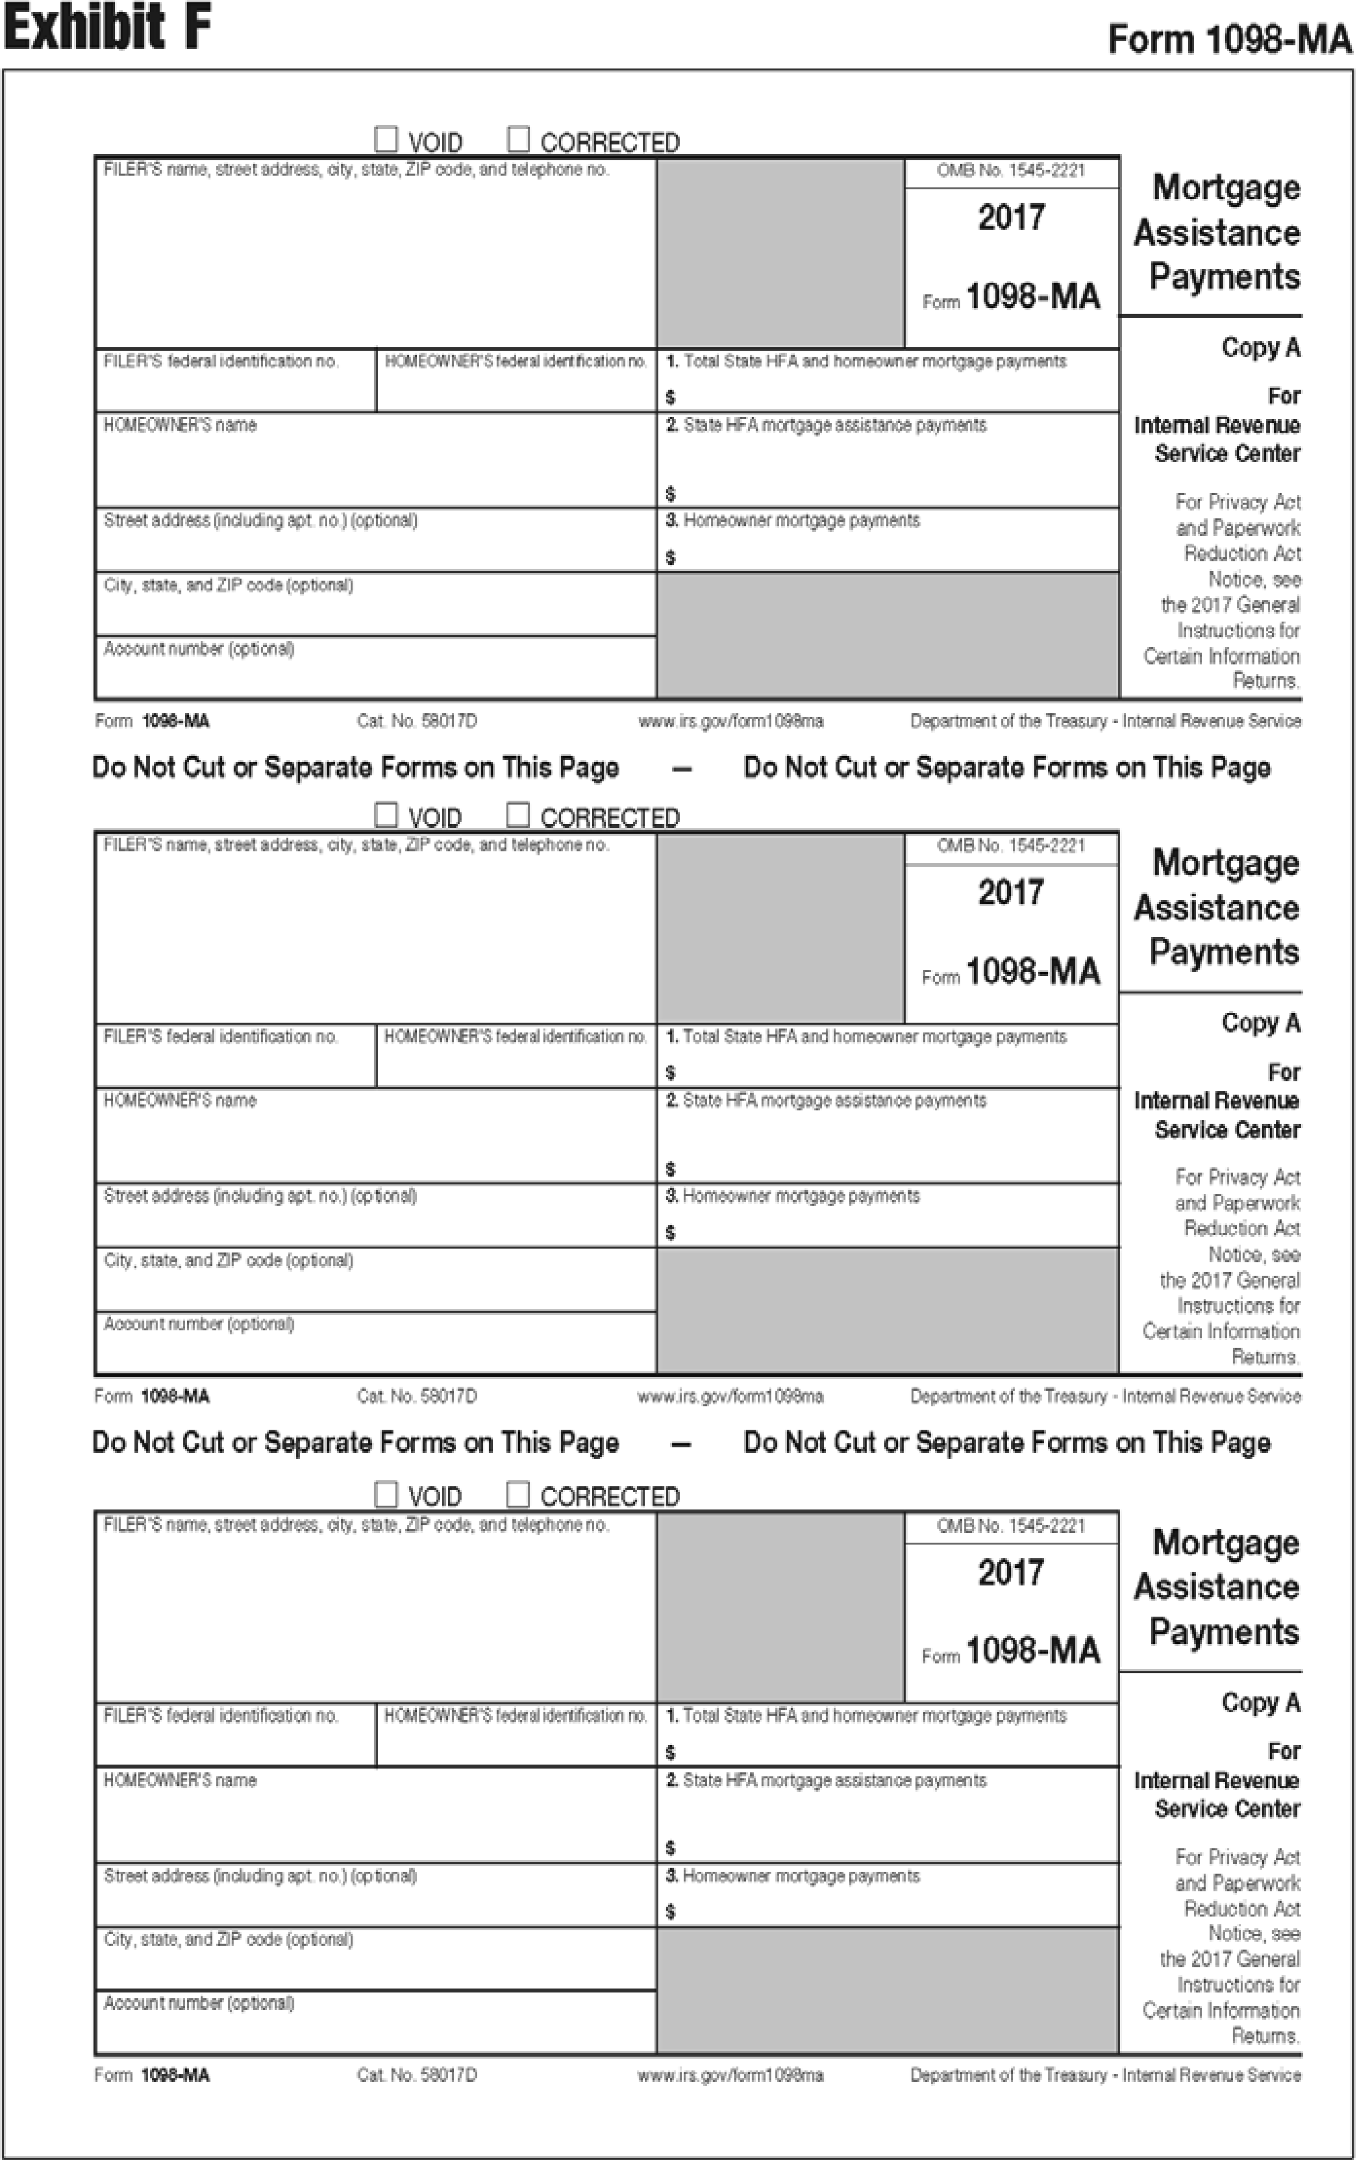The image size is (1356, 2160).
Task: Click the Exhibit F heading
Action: coord(108,27)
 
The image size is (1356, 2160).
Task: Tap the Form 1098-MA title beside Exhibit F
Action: coord(1228,39)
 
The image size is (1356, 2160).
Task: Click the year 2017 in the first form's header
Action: coord(1011,218)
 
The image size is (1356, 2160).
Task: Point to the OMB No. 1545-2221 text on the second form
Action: coord(1011,846)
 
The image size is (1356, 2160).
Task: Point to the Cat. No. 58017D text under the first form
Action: coord(417,721)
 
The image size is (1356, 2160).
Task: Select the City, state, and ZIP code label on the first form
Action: coord(228,585)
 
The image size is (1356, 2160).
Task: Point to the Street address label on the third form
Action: coord(260,1875)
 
